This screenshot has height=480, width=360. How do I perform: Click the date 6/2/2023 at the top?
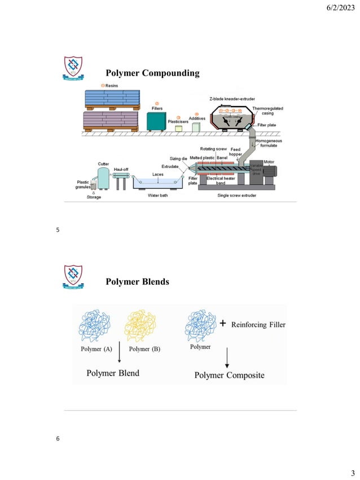336,8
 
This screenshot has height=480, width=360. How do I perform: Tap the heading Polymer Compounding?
152,73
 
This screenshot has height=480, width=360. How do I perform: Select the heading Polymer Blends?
137,281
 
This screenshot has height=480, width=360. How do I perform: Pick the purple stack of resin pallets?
111,120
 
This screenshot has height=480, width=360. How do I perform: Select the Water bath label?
159,196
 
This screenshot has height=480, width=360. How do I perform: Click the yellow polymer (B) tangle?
140,325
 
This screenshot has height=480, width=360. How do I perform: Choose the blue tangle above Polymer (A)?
98,325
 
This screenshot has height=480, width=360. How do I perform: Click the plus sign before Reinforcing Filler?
223,324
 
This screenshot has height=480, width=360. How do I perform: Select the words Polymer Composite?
229,375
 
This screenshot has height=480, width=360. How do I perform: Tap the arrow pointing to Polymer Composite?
227,358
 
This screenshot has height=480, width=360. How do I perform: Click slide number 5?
58,230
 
